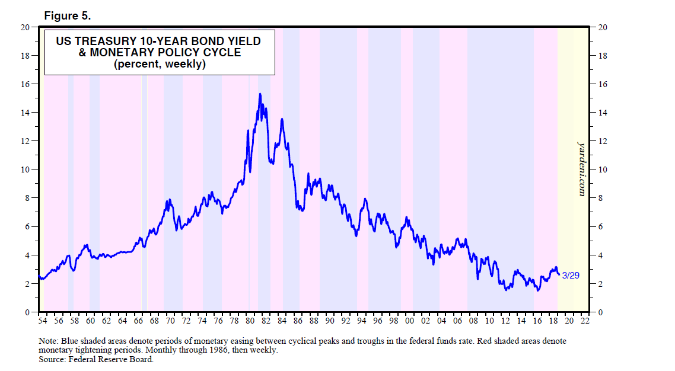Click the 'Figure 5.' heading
click(x=68, y=16)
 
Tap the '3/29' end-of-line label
click(x=570, y=276)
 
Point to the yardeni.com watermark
click(x=582, y=169)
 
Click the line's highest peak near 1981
click(x=260, y=94)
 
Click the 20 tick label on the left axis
click(x=25, y=27)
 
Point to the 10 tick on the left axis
click(x=25, y=169)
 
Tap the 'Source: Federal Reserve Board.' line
click(x=95, y=359)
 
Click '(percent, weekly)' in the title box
click(x=159, y=65)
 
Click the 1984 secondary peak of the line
click(x=282, y=120)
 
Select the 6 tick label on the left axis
click(x=27, y=227)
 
